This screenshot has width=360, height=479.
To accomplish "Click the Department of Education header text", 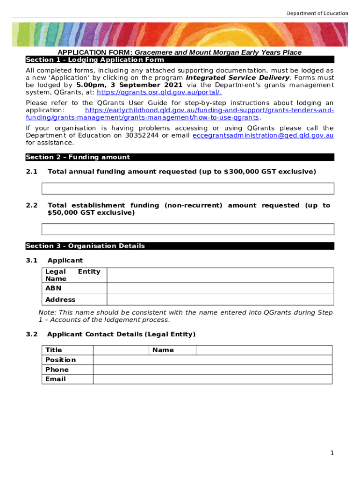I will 317,13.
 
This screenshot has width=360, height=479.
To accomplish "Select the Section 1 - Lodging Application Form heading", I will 95,60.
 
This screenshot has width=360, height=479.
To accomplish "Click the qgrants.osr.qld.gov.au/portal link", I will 156,93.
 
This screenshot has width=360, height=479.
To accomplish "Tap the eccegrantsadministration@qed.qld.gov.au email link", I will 263,136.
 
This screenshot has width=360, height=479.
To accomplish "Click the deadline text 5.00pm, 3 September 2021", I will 130,85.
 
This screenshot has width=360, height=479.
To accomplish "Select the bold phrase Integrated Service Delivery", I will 238,78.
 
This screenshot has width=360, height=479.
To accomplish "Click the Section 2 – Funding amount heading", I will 78,157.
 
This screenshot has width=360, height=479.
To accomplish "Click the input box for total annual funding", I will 188,189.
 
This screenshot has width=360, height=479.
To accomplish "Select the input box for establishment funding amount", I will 188,229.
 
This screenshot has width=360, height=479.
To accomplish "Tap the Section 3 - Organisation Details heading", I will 86,246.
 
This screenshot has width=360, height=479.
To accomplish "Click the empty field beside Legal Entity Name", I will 220,275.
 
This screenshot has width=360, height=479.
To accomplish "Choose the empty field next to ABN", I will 220,288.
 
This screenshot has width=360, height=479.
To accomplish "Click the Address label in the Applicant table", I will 60,300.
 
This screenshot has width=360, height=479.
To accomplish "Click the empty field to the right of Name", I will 264,350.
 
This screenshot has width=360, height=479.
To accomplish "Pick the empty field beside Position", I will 213,360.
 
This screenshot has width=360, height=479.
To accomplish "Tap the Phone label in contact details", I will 57,370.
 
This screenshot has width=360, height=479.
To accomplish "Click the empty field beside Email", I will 213,379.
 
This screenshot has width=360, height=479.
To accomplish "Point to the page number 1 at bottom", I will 331,453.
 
